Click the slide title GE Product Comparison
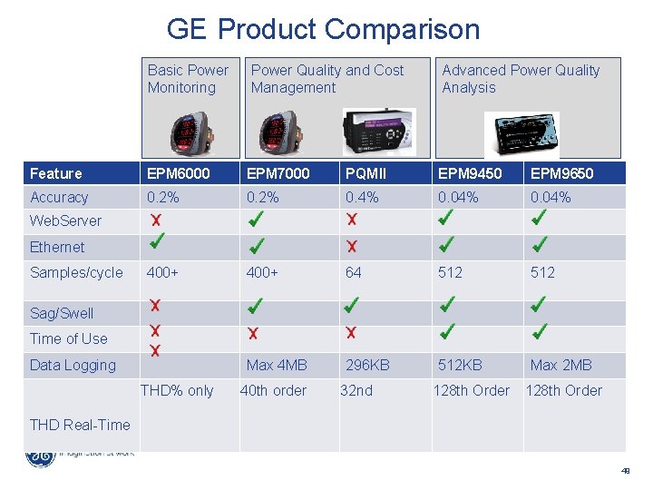pos(323,29)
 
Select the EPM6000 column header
pos(179,173)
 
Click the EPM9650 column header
pos(562,173)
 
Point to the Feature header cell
pos(56,173)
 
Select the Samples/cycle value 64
pos(353,272)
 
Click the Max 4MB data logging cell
pos(277,365)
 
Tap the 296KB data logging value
pos(367,365)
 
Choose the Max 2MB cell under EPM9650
pos(560,365)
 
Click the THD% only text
pos(177,390)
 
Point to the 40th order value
pos(273,390)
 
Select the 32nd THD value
pos(356,390)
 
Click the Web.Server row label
pos(66,220)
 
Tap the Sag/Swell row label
pos(62,313)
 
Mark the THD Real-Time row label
pos(80,425)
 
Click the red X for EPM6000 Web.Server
pos(156,220)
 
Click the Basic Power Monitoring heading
pos(188,79)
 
